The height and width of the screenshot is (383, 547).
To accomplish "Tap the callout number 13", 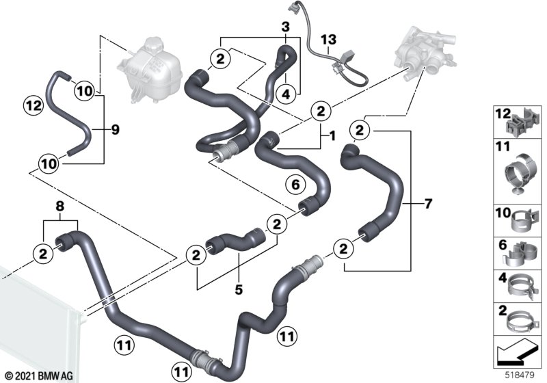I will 328,40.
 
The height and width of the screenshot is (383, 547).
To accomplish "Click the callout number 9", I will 114,128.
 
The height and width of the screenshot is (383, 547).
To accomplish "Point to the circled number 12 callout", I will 32,106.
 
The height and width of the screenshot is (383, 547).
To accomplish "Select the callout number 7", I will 428,203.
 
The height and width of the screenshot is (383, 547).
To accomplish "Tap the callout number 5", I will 238,289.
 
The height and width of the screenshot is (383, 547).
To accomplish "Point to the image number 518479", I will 520,375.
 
